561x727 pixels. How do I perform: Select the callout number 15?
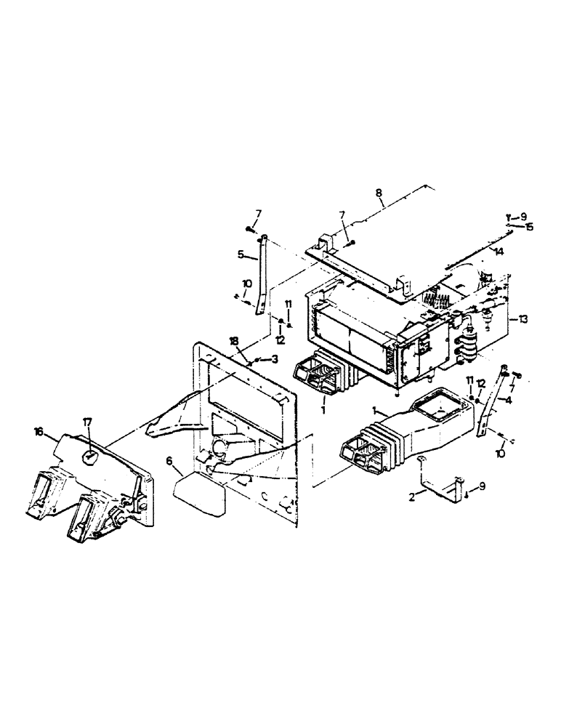(x=530, y=227)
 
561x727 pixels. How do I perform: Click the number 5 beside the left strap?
(x=240, y=254)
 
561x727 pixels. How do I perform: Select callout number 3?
(x=275, y=358)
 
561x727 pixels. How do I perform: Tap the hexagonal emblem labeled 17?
(x=89, y=457)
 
